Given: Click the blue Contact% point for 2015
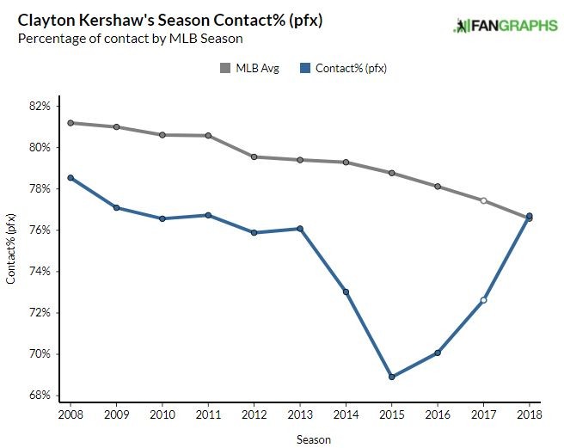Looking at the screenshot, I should point(391,377).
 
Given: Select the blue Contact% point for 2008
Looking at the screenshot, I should point(70,178).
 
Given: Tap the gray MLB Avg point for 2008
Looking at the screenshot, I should point(70,123).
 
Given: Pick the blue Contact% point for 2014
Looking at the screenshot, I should point(346,292).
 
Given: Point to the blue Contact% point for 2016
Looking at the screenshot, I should point(438,353).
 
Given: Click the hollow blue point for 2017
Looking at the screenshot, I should point(483,300).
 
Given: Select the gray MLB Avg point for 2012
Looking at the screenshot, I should point(254,156).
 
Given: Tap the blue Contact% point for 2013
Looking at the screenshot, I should point(300,229).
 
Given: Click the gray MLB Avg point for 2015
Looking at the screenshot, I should point(391,173).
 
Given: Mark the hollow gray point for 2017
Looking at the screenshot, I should point(483,200).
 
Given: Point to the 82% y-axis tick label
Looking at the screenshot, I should point(39,106).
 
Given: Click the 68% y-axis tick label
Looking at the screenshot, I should point(39,396).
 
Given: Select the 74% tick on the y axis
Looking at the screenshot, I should point(39,271).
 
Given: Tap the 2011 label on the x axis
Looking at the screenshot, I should point(208,415).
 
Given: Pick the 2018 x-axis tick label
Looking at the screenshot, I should point(529,415).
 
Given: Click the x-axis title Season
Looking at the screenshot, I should point(300,439).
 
